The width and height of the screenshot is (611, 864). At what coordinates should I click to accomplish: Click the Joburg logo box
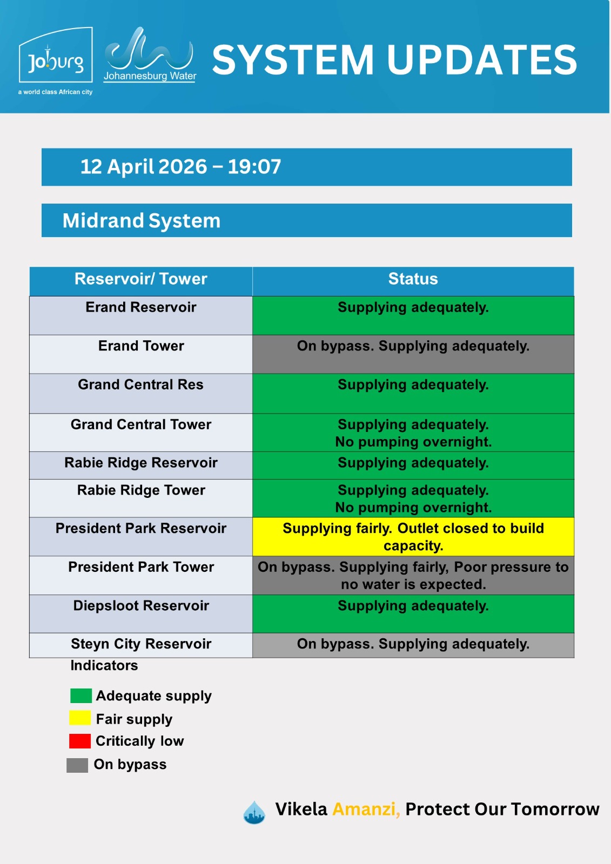56,55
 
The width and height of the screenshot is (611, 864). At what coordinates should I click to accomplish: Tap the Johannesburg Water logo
150,55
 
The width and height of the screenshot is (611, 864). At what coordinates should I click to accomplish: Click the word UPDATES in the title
482,60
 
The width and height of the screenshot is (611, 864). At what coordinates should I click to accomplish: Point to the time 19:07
254,167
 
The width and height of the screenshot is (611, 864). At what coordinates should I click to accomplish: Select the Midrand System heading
141,221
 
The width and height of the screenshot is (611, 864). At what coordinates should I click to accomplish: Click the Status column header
413,279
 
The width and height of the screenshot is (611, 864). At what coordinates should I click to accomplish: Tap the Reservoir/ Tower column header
141,279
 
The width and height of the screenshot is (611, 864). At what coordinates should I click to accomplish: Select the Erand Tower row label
141,346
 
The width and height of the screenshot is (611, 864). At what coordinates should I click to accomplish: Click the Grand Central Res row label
140,384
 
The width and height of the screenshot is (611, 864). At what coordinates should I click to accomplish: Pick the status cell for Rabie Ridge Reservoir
413,465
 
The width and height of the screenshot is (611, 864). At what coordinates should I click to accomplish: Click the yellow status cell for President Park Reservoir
413,537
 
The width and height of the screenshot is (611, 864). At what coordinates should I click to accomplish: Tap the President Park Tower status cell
413,575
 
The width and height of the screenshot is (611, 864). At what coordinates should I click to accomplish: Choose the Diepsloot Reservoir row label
141,605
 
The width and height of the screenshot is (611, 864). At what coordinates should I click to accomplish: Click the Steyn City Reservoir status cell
413,645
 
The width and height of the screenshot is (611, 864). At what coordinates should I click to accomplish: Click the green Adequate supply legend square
81,696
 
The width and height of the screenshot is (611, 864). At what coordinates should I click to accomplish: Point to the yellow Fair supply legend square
80,718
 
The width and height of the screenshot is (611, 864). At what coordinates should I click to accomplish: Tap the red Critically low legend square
80,741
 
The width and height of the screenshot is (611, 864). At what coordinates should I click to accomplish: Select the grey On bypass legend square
77,765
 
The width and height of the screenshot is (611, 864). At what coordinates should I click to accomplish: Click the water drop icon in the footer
254,812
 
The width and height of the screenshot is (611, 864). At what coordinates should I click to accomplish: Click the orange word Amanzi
366,809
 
